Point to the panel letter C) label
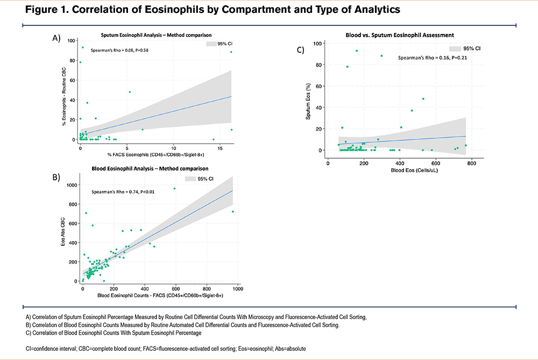301,50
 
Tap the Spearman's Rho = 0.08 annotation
119,50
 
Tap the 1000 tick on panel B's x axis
235,288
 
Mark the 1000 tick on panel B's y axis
71,185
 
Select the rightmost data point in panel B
232,211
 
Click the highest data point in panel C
357,51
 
